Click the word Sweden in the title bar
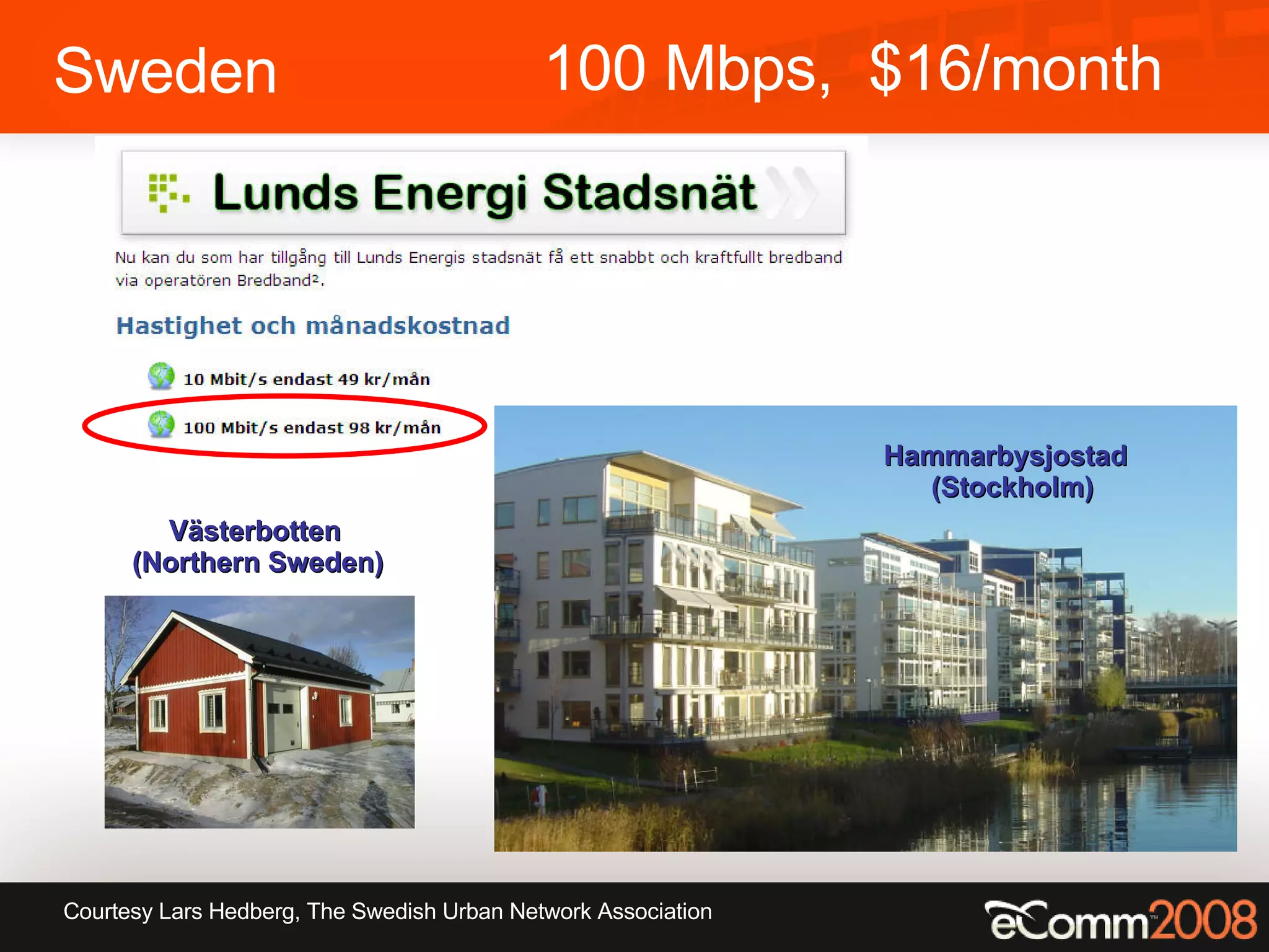pyautogui.click(x=165, y=72)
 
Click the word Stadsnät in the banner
pyautogui.click(x=649, y=192)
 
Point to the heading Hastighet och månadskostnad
pyautogui.click(x=313, y=326)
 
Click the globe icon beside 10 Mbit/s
pyautogui.click(x=161, y=376)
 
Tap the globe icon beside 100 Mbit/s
pyautogui.click(x=161, y=425)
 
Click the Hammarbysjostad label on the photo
pyautogui.click(x=1005, y=456)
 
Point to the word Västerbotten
pyautogui.click(x=255, y=531)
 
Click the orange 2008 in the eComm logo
pyautogui.click(x=1203, y=920)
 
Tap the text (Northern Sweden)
pyautogui.click(x=258, y=563)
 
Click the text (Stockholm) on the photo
pyautogui.click(x=1012, y=488)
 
